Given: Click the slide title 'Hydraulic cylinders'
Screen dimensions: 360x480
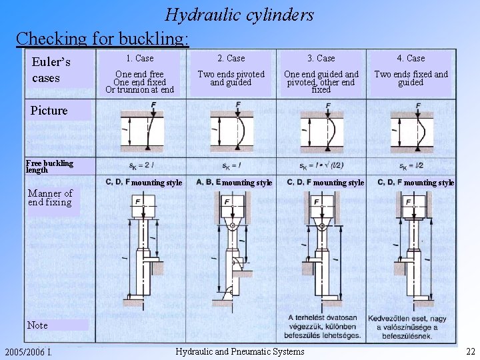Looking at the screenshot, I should (239, 14).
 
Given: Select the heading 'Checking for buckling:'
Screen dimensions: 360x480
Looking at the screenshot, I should (102, 38).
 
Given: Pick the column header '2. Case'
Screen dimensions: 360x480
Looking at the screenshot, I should (231, 59).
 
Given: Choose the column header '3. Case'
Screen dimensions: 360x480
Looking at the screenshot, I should (321, 59).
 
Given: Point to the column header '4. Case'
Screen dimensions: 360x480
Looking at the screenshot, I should (411, 59).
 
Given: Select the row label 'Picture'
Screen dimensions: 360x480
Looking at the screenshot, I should (49, 111).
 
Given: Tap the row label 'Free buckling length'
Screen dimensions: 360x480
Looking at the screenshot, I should (49, 167).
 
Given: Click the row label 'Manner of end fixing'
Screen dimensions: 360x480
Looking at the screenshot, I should (50, 198).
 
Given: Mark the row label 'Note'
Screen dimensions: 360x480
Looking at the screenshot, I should (37, 325).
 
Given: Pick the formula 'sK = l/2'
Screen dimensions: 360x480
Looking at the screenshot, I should (411, 165).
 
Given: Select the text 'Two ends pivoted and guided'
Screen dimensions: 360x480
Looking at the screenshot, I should (231, 79).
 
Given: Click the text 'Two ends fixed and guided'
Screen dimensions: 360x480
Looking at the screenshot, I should (411, 79).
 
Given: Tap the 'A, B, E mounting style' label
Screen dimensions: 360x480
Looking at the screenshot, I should (234, 182).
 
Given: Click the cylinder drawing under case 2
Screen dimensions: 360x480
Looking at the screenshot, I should (231, 247).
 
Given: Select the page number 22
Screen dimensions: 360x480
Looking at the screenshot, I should (470, 351).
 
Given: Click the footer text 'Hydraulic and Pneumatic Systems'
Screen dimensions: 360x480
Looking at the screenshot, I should (239, 351).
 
